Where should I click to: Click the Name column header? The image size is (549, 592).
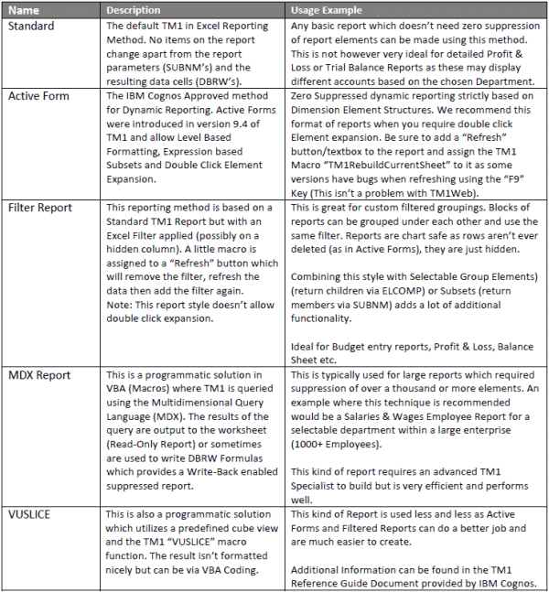tap(25, 10)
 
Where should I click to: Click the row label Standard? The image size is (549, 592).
tap(32, 26)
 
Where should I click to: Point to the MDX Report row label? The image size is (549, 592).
tap(40, 373)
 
